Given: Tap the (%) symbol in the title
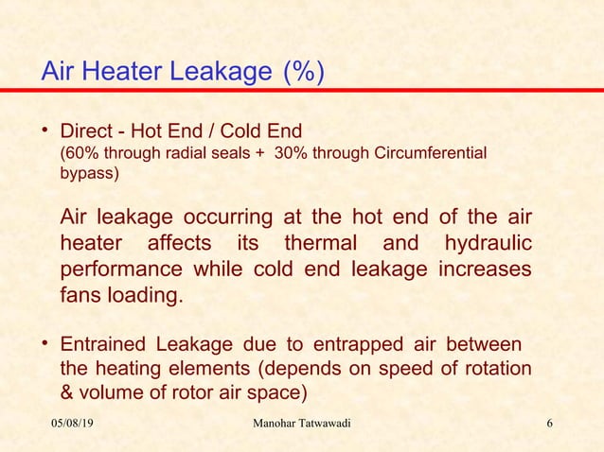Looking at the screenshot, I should (x=302, y=72).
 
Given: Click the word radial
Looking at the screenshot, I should (x=182, y=152).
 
